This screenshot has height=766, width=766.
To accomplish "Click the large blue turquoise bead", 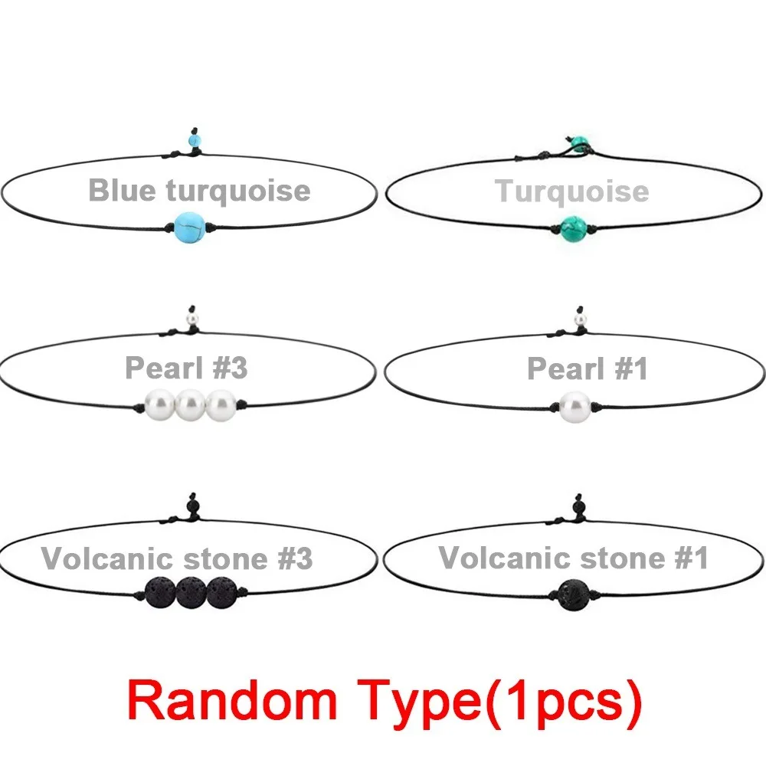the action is [189, 228].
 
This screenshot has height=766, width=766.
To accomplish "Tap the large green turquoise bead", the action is [573, 228].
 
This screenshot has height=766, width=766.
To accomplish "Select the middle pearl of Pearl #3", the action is [190, 405].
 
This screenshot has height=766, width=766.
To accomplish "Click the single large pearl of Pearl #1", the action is [575, 407].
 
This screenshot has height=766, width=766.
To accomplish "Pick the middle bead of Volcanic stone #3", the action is [191, 593].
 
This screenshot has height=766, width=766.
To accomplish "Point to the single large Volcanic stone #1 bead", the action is [574, 594].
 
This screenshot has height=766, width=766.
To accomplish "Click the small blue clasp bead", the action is [195, 141].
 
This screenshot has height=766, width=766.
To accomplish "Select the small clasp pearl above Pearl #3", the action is [193, 319].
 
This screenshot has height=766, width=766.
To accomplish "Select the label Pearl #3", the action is [186, 368].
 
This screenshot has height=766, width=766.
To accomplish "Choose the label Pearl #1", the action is [588, 368].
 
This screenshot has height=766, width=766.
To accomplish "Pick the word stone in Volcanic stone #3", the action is [224, 559].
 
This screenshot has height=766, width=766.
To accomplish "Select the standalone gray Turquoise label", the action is [571, 191].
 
